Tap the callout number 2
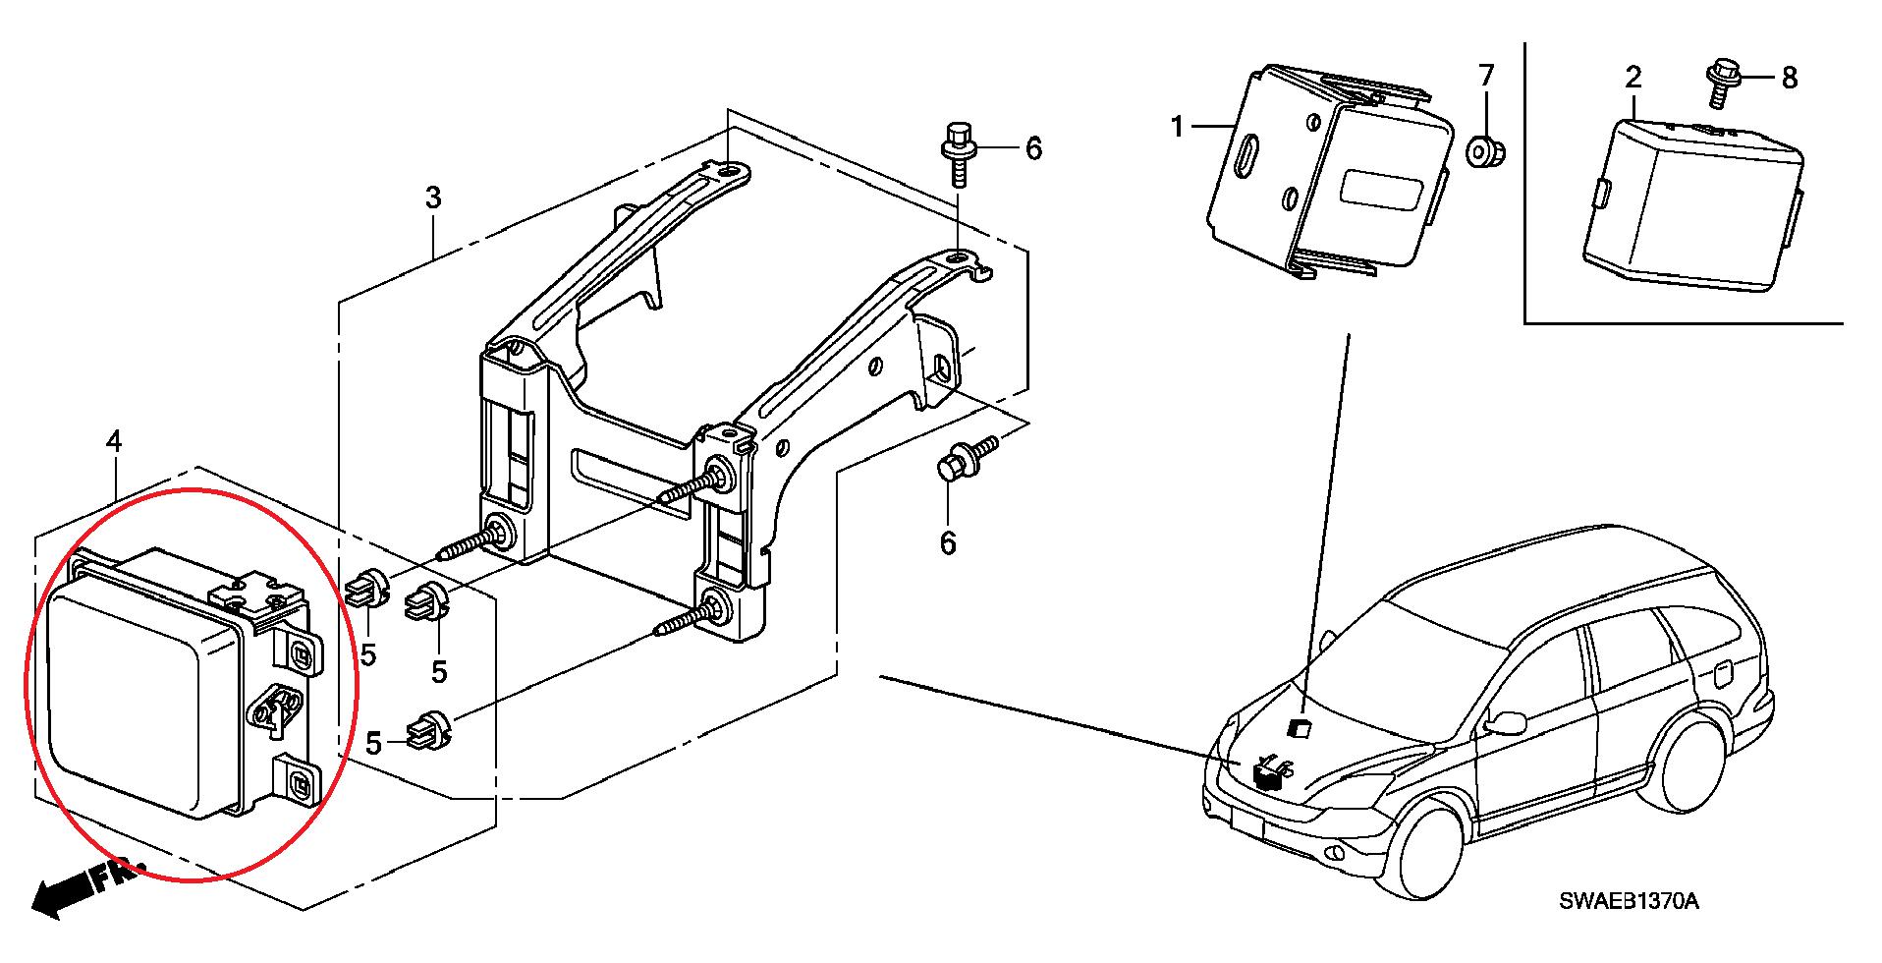click(x=1633, y=77)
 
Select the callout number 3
click(x=433, y=198)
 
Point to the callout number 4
click(x=114, y=442)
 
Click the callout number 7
click(x=1486, y=76)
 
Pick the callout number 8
click(x=1789, y=78)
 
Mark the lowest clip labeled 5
click(x=429, y=727)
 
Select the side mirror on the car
click(x=1506, y=723)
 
